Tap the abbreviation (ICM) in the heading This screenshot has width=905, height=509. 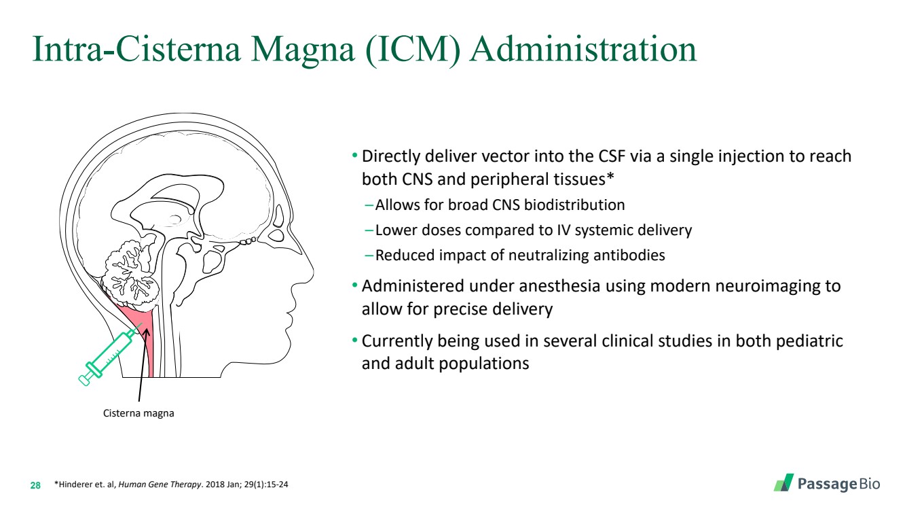pyautogui.click(x=413, y=50)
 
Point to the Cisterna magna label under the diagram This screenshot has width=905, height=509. pyautogui.click(x=138, y=413)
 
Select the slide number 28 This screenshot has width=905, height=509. pyautogui.click(x=35, y=485)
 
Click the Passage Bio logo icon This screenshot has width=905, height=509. pyautogui.click(x=783, y=482)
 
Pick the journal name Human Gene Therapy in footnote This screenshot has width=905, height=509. pyautogui.click(x=160, y=485)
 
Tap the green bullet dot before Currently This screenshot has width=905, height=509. pyautogui.click(x=354, y=340)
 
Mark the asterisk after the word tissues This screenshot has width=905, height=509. pyautogui.click(x=610, y=176)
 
